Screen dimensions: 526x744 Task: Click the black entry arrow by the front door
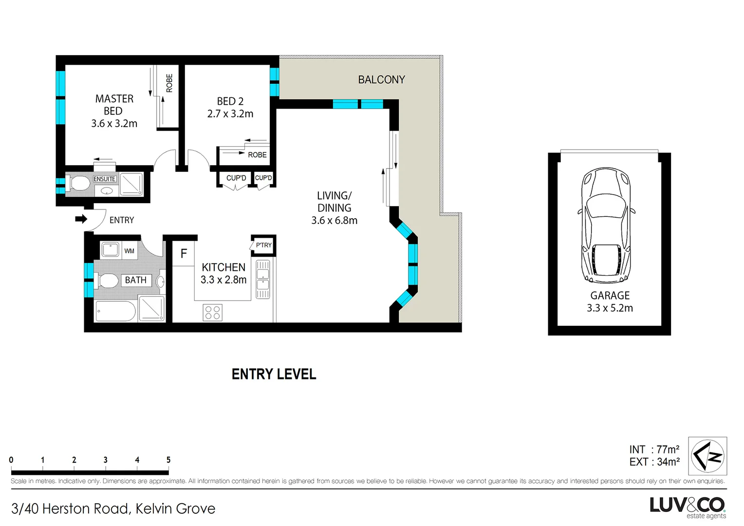click(81, 219)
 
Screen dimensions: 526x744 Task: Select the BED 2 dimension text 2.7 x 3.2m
click(230, 114)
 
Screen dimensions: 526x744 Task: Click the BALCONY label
click(381, 80)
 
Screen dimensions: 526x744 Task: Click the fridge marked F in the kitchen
click(184, 254)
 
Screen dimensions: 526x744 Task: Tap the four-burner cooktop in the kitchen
click(212, 313)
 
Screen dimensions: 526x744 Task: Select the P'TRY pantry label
click(263, 245)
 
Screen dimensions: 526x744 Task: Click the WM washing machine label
click(129, 251)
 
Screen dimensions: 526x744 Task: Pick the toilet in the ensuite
click(79, 183)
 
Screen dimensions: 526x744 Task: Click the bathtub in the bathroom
click(115, 311)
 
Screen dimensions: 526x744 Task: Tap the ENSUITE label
click(104, 179)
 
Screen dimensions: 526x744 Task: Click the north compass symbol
click(707, 456)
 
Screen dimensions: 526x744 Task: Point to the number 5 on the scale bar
click(168, 460)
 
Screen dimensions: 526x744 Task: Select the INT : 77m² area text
click(654, 450)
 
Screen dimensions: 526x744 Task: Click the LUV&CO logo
click(687, 506)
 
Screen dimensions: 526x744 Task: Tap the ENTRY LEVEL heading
click(274, 374)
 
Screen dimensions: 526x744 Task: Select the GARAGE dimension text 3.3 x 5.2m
click(610, 308)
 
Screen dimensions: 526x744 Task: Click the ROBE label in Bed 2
click(257, 155)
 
